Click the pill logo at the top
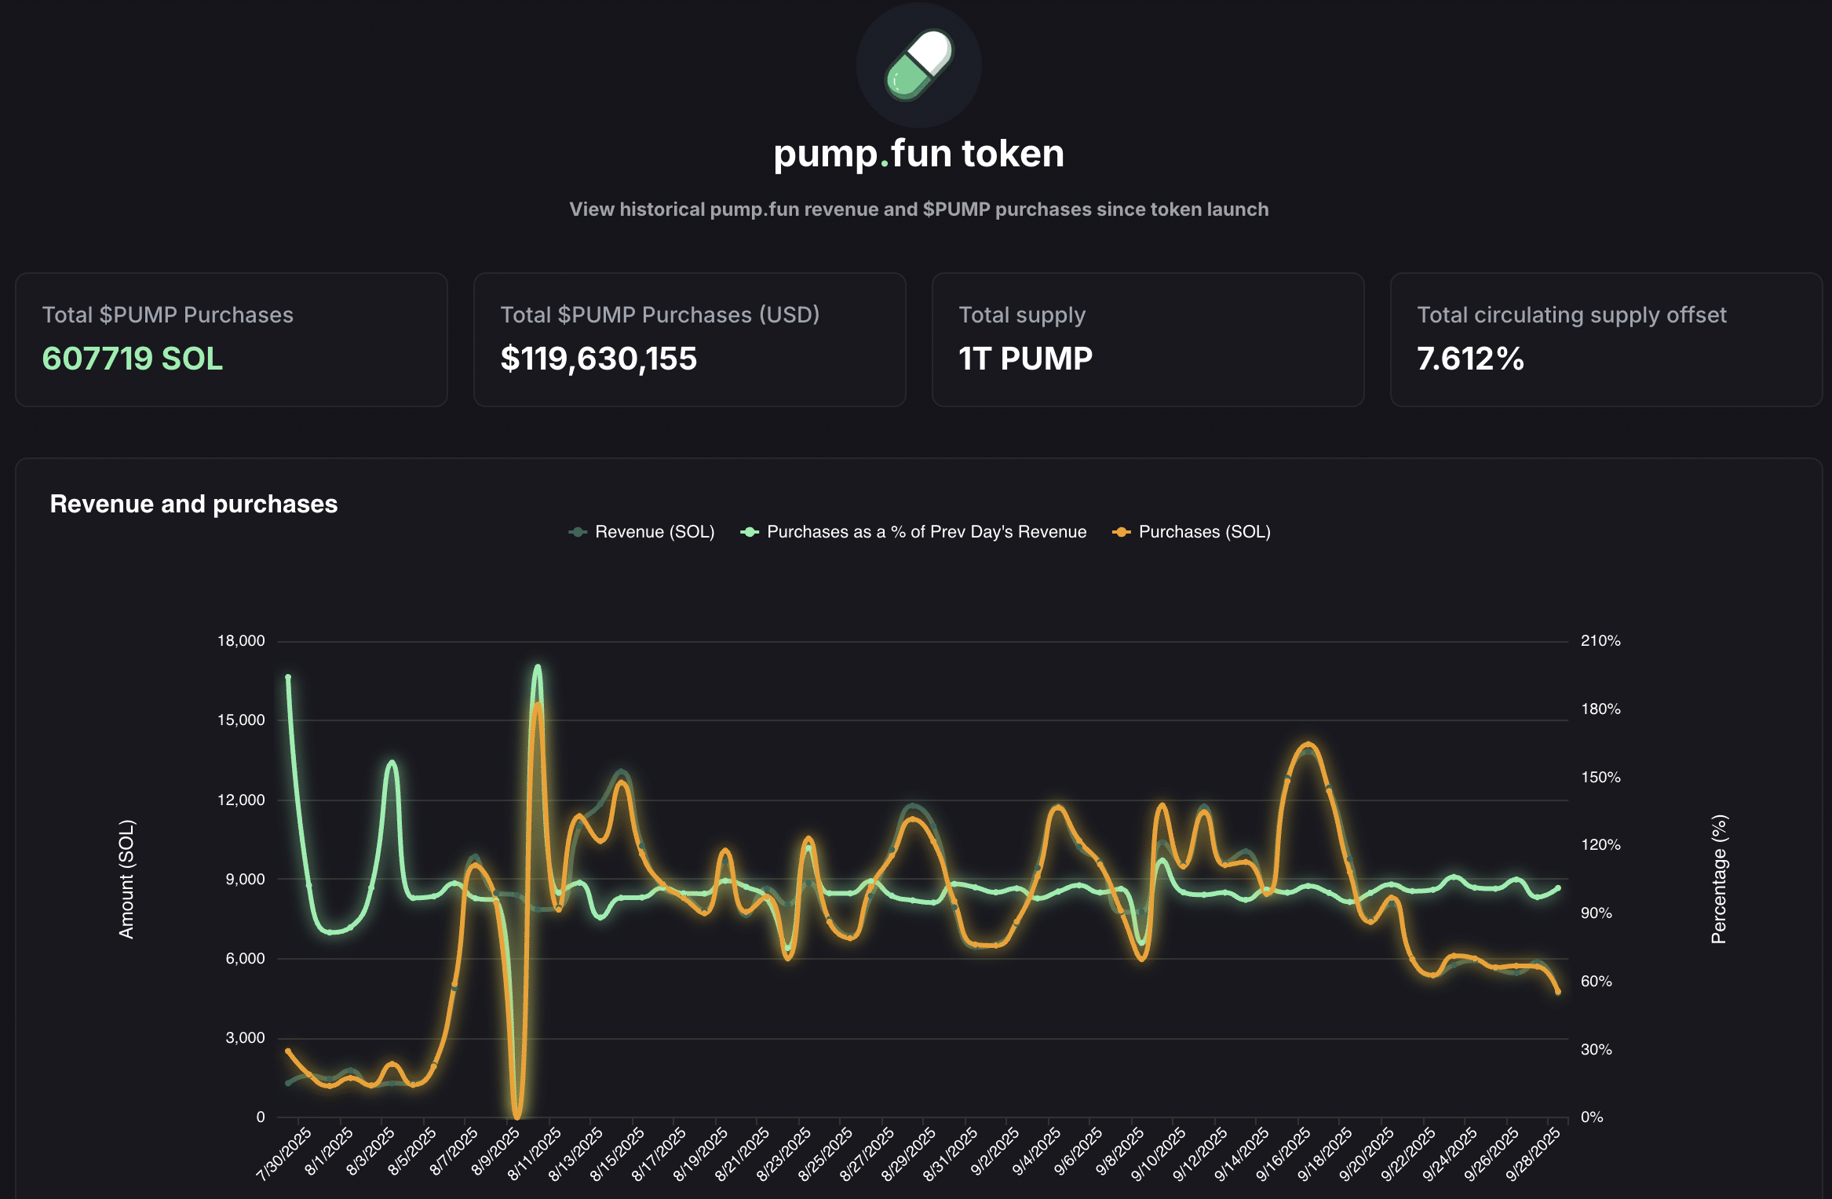pos(918,65)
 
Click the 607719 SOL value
pos(133,359)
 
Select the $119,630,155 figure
pos(598,359)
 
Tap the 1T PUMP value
pos(1025,359)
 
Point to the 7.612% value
pos(1470,359)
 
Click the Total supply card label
pos(1022,315)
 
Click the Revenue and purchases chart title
pos(194,504)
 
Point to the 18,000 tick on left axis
pos(241,641)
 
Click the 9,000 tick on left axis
pos(245,880)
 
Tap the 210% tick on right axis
pos(1600,641)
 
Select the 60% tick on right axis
pos(1596,982)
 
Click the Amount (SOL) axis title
pos(126,879)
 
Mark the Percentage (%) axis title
pos(1719,879)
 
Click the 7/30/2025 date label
pos(284,1153)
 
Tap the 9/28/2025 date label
pos(1533,1153)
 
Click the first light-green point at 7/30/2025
pos(288,677)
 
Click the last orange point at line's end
pos(1558,992)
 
